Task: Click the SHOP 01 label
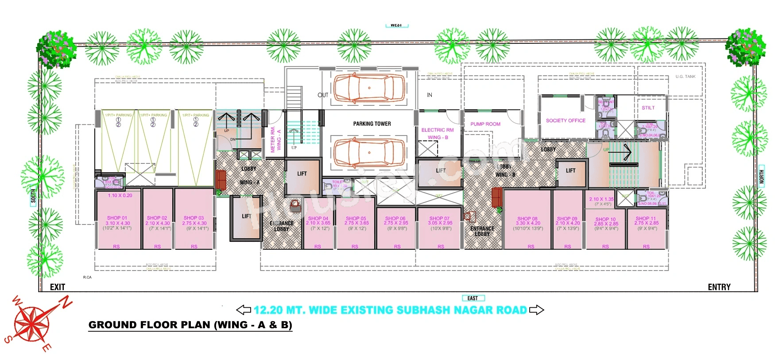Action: [x=117, y=218]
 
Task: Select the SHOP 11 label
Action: [x=646, y=218]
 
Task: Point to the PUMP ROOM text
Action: [x=485, y=124]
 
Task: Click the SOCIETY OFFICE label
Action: [x=566, y=120]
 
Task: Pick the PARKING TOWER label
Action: [x=372, y=124]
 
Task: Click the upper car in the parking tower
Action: [x=369, y=88]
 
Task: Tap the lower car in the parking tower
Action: [x=369, y=153]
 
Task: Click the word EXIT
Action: [x=58, y=287]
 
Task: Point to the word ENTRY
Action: [x=719, y=287]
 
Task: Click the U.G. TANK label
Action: [x=685, y=77]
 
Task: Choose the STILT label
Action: [x=648, y=108]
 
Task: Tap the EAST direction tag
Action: [x=473, y=298]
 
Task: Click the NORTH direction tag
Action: [x=762, y=177]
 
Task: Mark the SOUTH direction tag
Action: [x=33, y=196]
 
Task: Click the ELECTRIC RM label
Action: [x=438, y=130]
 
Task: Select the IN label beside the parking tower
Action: [x=430, y=95]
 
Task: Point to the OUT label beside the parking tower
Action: [x=323, y=95]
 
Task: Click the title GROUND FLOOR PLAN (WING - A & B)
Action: [x=190, y=325]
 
